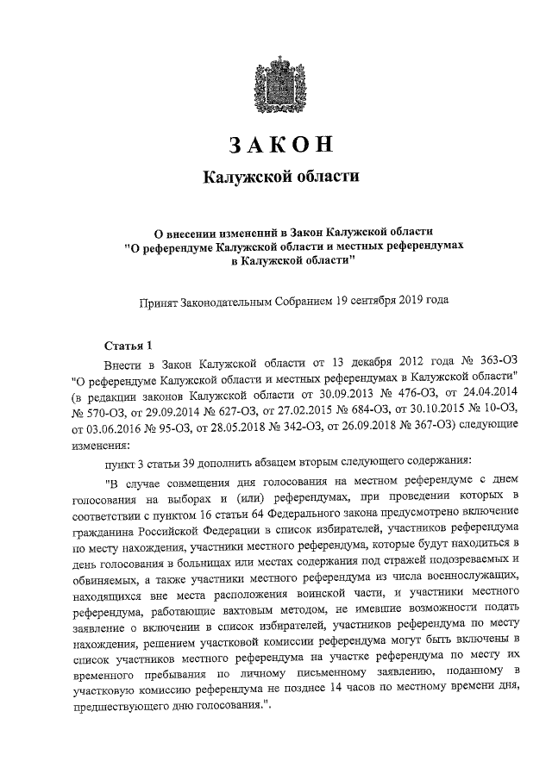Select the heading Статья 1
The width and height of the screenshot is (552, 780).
point(127,344)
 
